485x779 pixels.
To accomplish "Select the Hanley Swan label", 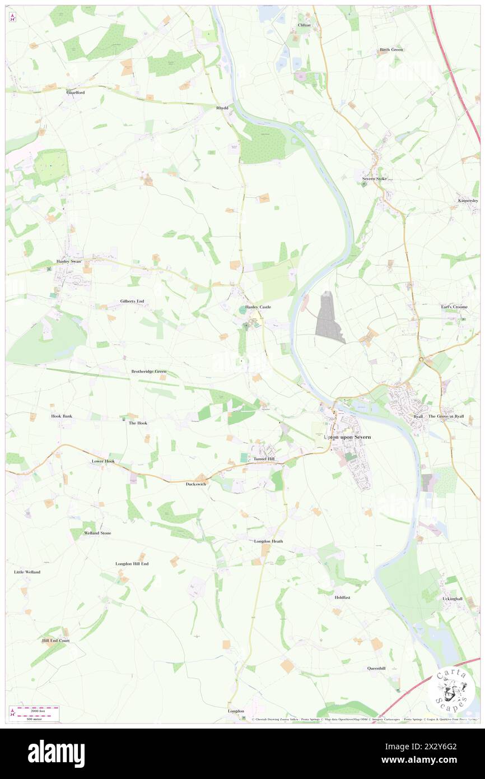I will click(69, 262).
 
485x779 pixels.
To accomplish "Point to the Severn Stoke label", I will click(374, 179).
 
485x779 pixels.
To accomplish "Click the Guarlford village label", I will click(75, 92).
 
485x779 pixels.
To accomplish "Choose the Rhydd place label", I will click(222, 108).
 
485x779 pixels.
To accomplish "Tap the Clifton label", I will click(304, 25).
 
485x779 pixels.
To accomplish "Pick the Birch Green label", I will click(391, 50).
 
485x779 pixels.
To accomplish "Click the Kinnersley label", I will click(467, 201).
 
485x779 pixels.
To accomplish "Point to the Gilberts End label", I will click(132, 302).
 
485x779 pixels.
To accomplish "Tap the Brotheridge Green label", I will click(149, 372).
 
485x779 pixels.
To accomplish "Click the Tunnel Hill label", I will click(264, 459).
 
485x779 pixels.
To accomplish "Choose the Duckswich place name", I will click(196, 484).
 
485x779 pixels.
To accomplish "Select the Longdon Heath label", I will click(268, 541).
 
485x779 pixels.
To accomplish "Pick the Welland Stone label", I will click(97, 533).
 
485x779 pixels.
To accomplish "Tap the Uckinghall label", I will click(453, 599).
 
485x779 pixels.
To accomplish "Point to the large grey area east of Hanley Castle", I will click(330, 317).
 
